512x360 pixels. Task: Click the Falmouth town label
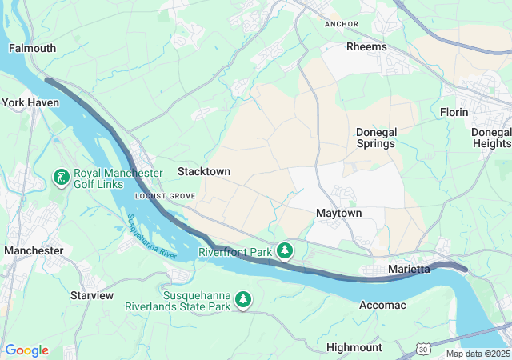coord(32,48)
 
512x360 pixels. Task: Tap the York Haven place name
coord(30,102)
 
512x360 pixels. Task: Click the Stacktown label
coord(204,171)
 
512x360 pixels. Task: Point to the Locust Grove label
coord(166,195)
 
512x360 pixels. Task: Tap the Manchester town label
coord(34,250)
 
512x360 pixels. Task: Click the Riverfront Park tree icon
coord(284,252)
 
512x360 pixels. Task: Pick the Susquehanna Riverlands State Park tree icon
coord(243,300)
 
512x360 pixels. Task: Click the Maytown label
coord(339,214)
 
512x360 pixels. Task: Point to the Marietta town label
coord(409,269)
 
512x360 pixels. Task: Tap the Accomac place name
coord(382,305)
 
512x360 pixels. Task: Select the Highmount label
coord(354,347)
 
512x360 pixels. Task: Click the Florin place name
coord(454,112)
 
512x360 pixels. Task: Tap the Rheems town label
coord(366,46)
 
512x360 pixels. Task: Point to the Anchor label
coord(342,24)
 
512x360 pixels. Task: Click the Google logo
coord(26,350)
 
